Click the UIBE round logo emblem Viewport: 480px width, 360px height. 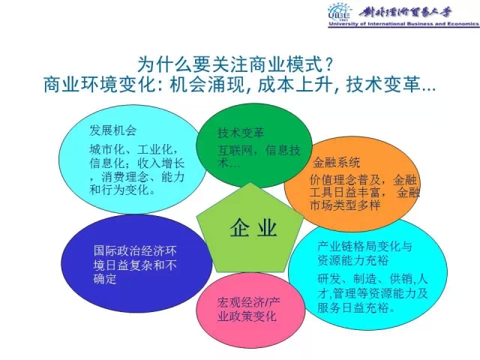[x=339, y=12]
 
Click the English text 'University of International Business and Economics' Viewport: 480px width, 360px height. [x=403, y=24]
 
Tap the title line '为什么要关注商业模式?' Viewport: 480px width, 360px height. [x=235, y=64]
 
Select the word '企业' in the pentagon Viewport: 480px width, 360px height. [x=253, y=228]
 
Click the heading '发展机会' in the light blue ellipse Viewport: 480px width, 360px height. [x=112, y=130]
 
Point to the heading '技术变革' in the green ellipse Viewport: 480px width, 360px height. [x=241, y=133]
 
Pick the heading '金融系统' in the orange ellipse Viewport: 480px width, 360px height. [x=336, y=163]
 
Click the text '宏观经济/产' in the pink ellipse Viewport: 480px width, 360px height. [x=248, y=302]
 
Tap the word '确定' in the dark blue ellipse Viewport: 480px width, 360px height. [x=105, y=278]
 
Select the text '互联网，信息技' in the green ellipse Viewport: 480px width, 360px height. [x=259, y=150]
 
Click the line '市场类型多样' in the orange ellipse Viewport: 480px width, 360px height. [x=345, y=205]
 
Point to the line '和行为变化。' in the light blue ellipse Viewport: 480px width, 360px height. [x=122, y=190]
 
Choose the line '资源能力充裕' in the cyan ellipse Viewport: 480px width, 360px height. [x=353, y=260]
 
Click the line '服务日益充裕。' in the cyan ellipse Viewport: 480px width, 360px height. [x=356, y=307]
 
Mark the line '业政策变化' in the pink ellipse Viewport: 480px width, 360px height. [x=247, y=316]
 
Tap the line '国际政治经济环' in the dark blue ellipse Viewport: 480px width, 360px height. [x=135, y=251]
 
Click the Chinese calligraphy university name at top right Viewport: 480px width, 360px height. [x=405, y=12]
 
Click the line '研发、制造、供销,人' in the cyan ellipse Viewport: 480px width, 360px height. [x=373, y=279]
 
